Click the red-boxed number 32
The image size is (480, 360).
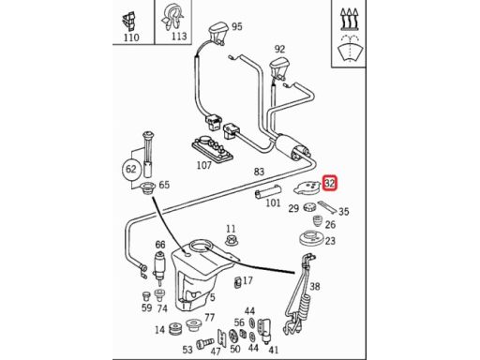click(x=330, y=183)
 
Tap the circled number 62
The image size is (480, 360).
click(x=131, y=169)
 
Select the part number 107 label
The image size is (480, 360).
click(x=204, y=165)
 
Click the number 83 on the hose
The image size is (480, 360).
click(x=259, y=172)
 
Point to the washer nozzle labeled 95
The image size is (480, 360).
click(x=217, y=33)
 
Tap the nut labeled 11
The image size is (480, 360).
click(x=231, y=241)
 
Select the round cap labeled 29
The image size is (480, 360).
click(x=309, y=207)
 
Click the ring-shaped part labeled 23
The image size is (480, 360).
click(x=310, y=239)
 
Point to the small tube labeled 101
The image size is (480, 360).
click(x=268, y=191)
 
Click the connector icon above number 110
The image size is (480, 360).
click(x=129, y=22)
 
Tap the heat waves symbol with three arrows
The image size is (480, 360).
click(x=349, y=20)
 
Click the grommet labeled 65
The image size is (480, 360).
click(x=148, y=188)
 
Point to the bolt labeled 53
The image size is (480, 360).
click(x=205, y=343)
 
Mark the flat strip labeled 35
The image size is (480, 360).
click(x=327, y=207)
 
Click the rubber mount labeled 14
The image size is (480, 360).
click(x=175, y=329)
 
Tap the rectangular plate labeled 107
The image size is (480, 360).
click(x=213, y=148)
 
